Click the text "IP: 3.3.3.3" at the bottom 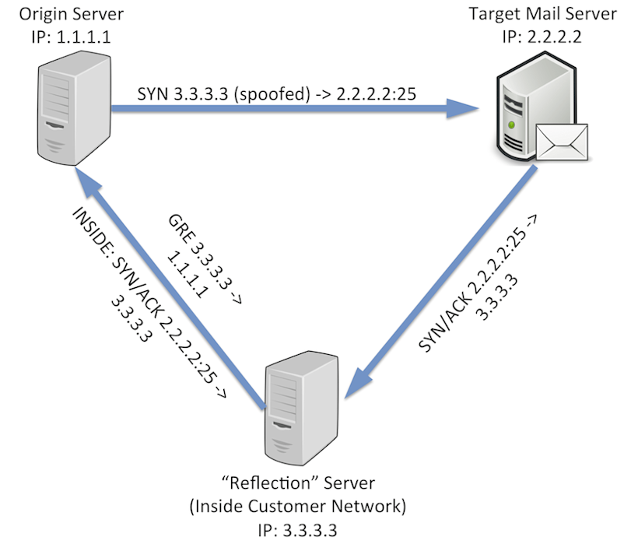299,529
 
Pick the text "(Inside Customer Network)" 299,507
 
